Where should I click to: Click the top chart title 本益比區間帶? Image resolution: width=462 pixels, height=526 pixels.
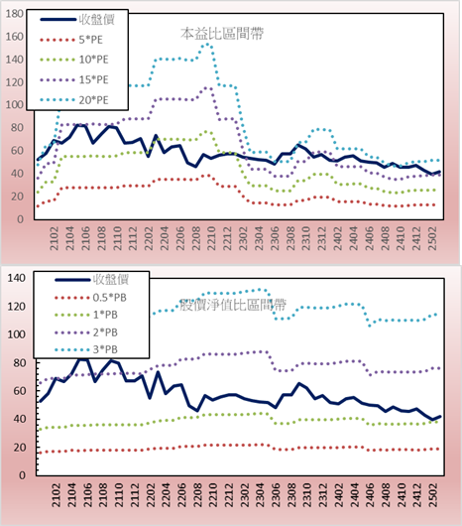coord(222,34)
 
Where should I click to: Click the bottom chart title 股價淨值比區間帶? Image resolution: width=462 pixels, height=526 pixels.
coord(233,305)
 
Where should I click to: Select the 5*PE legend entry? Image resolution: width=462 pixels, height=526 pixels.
coord(71,40)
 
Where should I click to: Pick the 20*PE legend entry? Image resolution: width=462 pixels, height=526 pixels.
coord(74,100)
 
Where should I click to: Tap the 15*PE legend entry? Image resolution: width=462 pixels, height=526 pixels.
coord(74,79)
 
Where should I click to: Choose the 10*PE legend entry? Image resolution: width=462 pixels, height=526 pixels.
coord(74,60)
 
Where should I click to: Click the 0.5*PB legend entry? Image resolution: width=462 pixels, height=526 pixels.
coord(90,298)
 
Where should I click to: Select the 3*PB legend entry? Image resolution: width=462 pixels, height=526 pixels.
coord(86,349)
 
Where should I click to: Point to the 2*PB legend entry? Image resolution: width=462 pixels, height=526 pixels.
coord(86,332)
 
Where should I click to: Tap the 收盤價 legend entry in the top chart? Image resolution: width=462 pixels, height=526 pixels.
coord(77,20)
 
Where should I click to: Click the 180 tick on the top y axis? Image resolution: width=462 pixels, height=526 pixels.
coord(15,14)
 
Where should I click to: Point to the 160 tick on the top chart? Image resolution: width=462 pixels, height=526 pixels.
coord(15,37)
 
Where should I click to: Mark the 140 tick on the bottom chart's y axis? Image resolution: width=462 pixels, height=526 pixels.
coord(17,278)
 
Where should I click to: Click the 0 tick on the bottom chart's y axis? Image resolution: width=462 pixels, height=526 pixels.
coord(22,475)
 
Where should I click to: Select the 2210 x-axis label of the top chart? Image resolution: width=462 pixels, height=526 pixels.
coord(211,238)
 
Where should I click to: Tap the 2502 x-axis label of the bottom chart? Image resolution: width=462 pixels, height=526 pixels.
coord(433,495)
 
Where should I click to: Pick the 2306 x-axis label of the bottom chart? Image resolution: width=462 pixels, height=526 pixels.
coord(276,495)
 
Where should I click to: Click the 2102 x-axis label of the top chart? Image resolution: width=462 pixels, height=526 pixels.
coord(55,238)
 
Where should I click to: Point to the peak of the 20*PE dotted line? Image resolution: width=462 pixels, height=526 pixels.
coord(208,44)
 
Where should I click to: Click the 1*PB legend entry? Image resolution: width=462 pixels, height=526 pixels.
coord(86,315)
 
